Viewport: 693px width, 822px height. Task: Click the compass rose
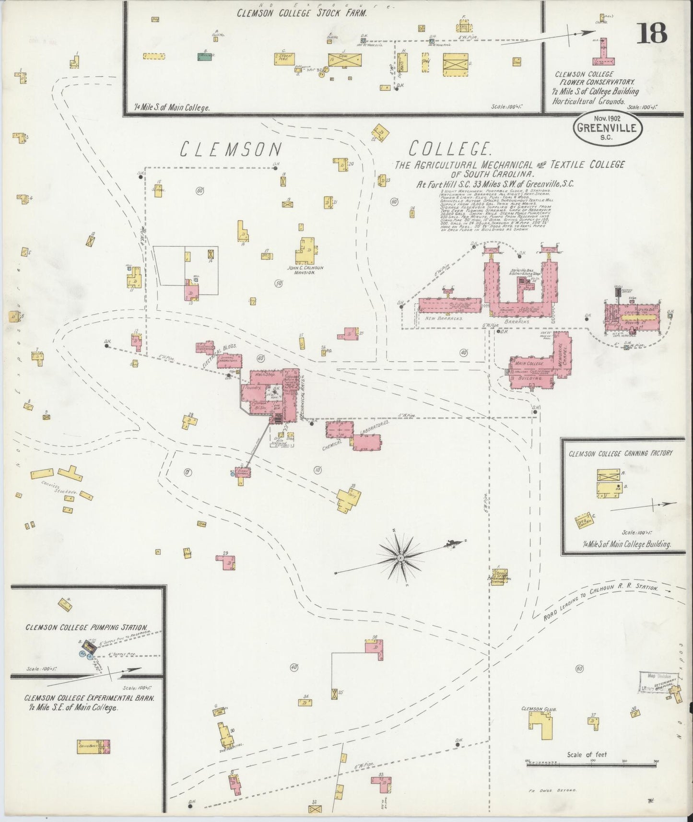pyautogui.click(x=400, y=558)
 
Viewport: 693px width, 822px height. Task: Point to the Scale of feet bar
pyautogui.click(x=590, y=761)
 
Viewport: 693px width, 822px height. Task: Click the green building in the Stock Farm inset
pyautogui.click(x=206, y=57)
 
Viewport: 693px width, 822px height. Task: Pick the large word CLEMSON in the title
pyautogui.click(x=230, y=150)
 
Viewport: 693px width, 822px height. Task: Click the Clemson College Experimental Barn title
pyautogui.click(x=90, y=703)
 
